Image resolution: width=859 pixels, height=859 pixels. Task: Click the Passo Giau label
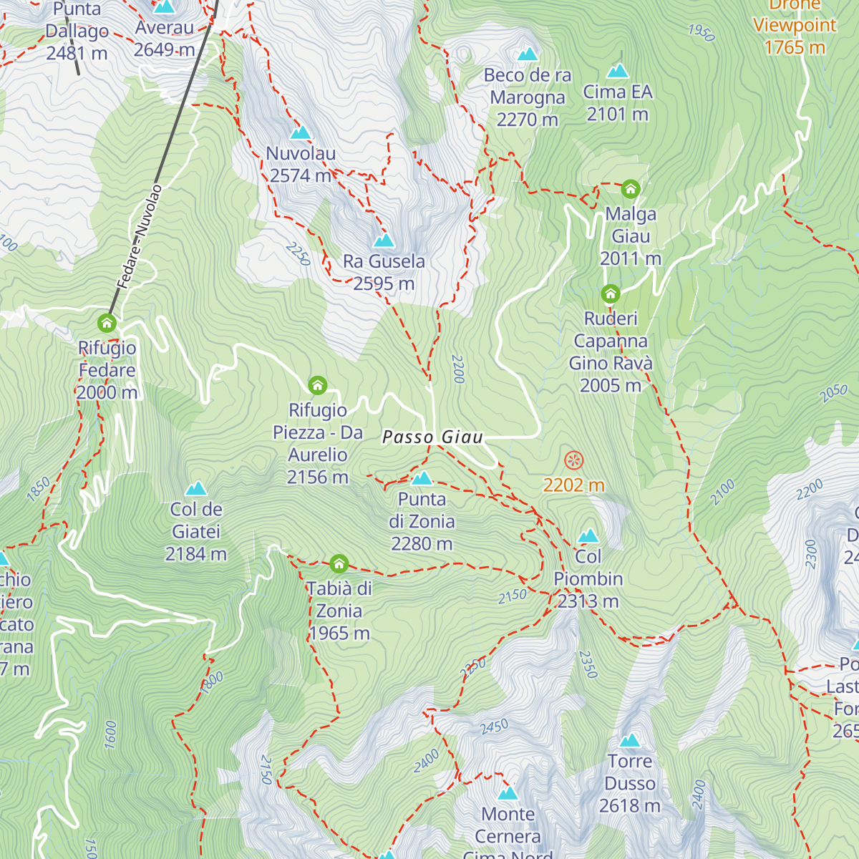432,437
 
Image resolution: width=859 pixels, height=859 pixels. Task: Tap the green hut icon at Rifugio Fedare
107,323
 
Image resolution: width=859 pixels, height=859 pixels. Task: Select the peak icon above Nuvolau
301,132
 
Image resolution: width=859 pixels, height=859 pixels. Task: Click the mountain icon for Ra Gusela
384,240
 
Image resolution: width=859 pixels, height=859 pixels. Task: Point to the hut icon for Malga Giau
630,188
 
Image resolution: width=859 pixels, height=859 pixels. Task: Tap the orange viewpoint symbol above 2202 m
573,460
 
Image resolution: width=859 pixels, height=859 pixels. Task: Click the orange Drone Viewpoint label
794,26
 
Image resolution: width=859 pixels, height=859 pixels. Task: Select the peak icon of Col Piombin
588,535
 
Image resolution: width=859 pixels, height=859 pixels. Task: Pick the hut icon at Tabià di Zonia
339,563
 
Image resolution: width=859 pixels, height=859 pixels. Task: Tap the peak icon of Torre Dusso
630,740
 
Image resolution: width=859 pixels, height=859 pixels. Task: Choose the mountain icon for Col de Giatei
196,488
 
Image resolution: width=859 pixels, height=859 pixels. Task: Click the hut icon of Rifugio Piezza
317,385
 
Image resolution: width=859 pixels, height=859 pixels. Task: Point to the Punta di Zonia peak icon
422,477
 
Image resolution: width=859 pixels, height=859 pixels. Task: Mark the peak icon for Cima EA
617,70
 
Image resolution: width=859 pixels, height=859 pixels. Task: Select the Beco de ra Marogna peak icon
528,54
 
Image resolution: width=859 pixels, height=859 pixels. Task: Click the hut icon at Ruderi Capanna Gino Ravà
610,293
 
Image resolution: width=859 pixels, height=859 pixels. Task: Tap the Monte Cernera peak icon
508,792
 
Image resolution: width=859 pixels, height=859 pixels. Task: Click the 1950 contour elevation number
702,32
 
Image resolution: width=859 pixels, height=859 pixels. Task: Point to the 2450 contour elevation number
494,727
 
